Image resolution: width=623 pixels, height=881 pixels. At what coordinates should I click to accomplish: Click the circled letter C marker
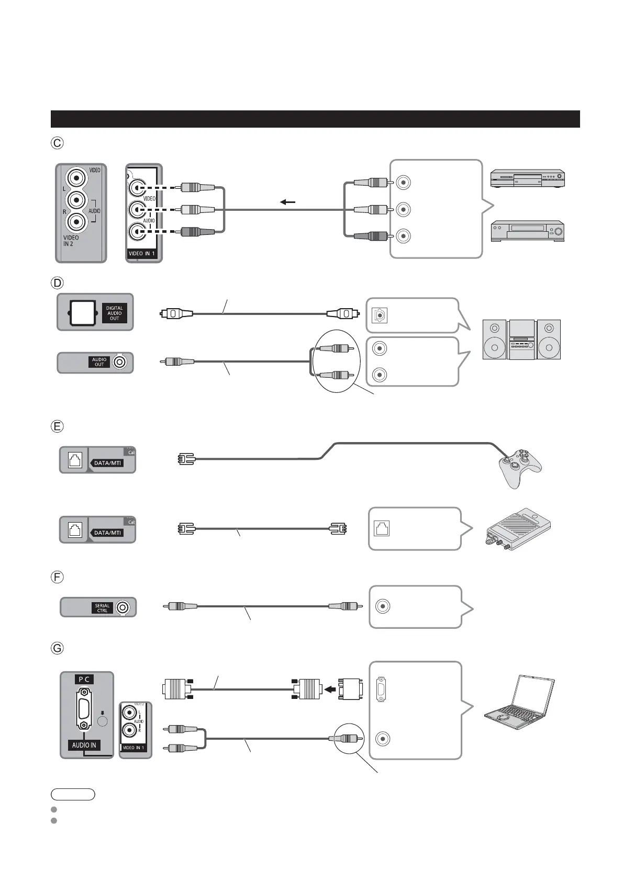[x=57, y=142]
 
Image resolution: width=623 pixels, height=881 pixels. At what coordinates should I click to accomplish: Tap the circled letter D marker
[x=57, y=283]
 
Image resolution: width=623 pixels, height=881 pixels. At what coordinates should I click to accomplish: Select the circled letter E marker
[x=57, y=426]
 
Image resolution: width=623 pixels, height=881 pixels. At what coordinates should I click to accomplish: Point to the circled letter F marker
[x=57, y=577]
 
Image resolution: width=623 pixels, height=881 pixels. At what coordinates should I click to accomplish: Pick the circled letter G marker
[x=57, y=648]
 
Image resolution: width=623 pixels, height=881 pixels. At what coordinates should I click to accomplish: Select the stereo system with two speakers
[x=521, y=339]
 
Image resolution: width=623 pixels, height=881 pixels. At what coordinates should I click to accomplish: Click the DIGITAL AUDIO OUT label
[x=115, y=313]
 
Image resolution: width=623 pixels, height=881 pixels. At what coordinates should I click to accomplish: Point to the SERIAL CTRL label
[x=102, y=608]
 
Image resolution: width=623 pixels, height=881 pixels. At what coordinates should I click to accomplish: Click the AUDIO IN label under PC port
[x=84, y=745]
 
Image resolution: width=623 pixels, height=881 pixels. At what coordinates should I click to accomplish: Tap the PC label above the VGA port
[x=84, y=679]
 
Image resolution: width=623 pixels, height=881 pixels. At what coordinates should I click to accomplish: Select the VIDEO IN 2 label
[x=72, y=241]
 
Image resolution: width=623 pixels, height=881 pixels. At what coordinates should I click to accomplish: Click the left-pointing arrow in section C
[x=287, y=202]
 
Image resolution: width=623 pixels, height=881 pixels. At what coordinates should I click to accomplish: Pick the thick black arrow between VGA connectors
[x=329, y=689]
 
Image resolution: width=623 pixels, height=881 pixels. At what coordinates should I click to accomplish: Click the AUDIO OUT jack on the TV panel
[x=121, y=362]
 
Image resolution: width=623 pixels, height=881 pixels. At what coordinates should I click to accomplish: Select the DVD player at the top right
[x=527, y=178]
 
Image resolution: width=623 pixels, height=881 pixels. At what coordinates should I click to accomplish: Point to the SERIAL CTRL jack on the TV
[x=123, y=607]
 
